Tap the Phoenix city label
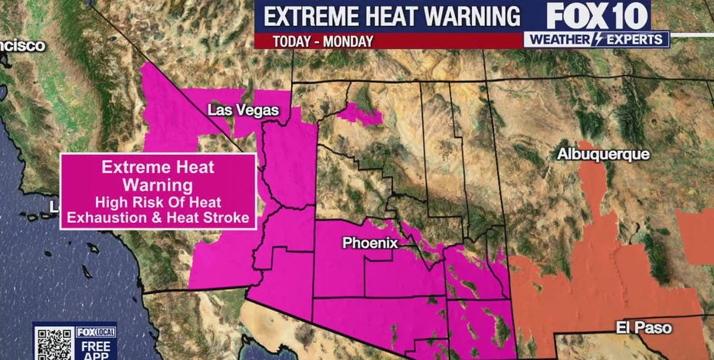[x=370, y=243]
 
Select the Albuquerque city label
[x=603, y=154]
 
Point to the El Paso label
[x=644, y=328]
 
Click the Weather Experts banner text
[x=597, y=39]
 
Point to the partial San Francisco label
[x=21, y=45]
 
